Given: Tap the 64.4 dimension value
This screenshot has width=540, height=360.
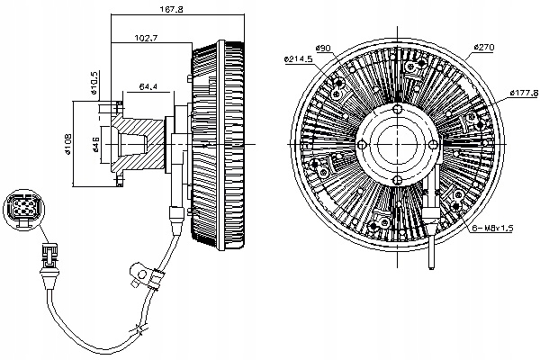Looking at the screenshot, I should (x=148, y=86).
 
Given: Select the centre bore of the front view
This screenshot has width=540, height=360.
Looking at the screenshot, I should (x=397, y=144).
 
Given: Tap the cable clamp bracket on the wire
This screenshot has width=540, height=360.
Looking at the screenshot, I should (x=140, y=270).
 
